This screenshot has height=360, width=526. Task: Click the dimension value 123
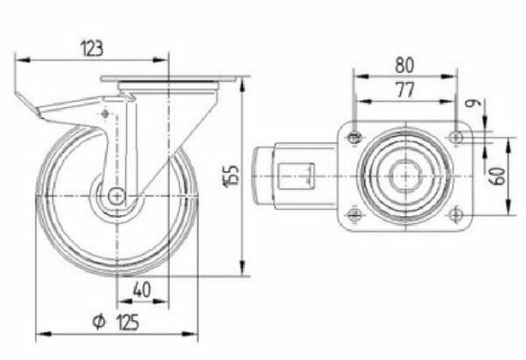[x=92, y=49]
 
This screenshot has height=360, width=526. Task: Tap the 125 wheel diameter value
[x=128, y=322]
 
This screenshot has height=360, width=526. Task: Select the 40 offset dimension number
[x=142, y=290]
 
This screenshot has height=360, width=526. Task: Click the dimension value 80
[x=405, y=65]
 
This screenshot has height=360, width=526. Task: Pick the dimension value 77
[x=405, y=90]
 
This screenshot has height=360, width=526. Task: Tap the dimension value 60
[x=498, y=176]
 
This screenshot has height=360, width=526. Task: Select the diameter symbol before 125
[x=99, y=322]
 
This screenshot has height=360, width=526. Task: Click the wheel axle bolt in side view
[x=117, y=196]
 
